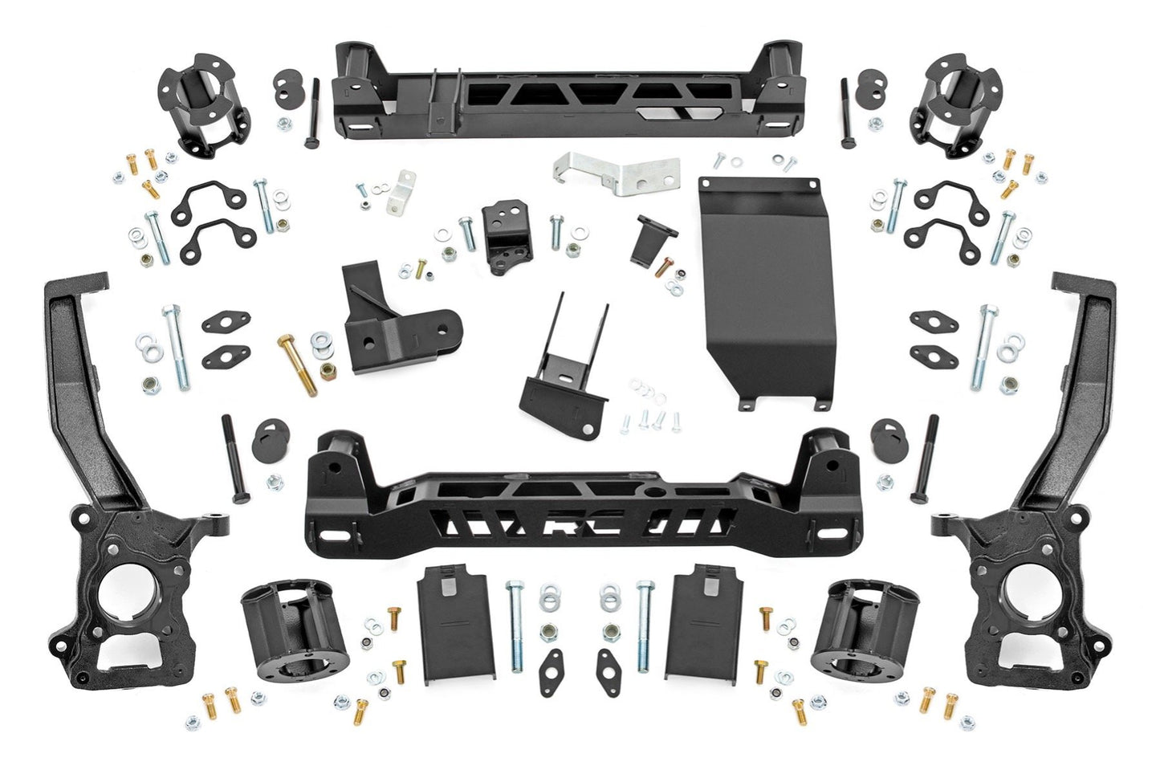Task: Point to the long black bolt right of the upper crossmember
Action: click(844, 113)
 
